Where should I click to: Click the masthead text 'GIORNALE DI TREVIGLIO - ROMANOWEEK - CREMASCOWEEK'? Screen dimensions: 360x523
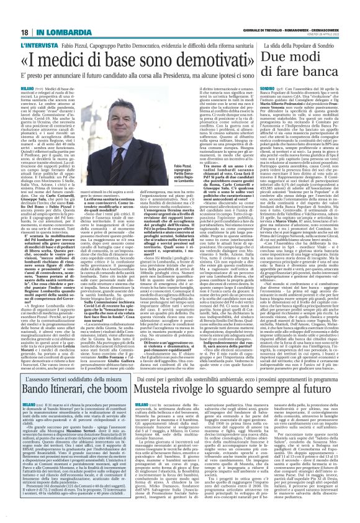(x=292, y=11)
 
